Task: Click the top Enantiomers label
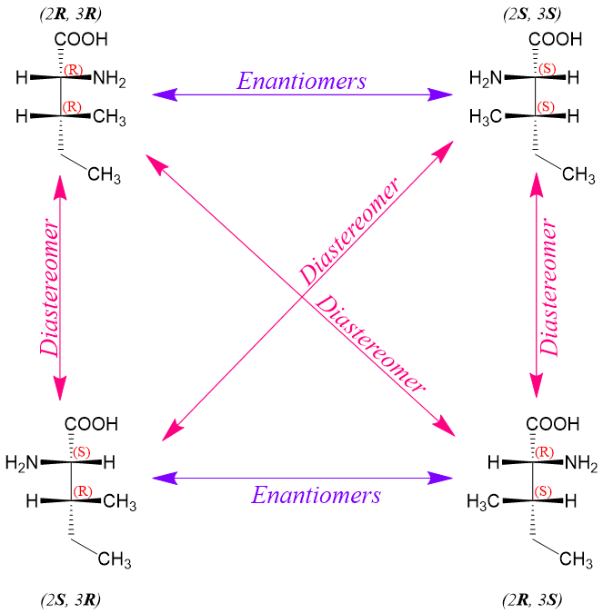tap(301, 81)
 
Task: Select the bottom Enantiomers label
tap(316, 496)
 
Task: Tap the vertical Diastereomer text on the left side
tap(51, 298)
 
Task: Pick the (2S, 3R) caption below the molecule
tap(70, 599)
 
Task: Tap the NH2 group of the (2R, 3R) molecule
tap(110, 80)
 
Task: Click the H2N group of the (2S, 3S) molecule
tap(486, 80)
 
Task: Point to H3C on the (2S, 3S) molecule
tap(487, 117)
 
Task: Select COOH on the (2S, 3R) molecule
tap(91, 424)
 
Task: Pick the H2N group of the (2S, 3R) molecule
tap(23, 463)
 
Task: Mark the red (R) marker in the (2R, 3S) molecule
tap(545, 452)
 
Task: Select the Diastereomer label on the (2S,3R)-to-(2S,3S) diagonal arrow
tap(349, 232)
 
